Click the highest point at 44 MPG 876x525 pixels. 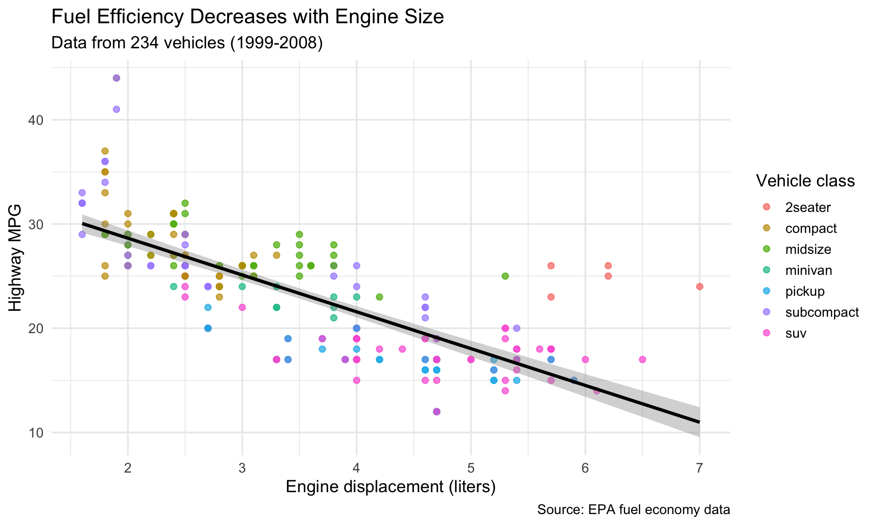click(x=116, y=78)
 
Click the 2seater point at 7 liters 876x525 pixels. click(x=699, y=287)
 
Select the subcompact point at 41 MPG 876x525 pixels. click(x=116, y=109)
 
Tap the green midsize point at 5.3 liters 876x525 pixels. click(x=505, y=276)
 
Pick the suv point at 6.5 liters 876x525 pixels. click(x=642, y=360)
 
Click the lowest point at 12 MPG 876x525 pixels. click(x=436, y=412)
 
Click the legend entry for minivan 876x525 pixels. click(x=808, y=271)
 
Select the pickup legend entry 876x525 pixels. click(x=805, y=292)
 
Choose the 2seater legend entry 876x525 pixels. click(x=808, y=208)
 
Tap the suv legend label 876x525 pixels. click(x=796, y=334)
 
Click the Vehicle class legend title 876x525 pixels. click(x=805, y=181)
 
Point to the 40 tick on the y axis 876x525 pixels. click(x=37, y=120)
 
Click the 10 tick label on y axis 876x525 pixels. click(x=37, y=432)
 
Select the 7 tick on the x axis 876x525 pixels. click(x=699, y=468)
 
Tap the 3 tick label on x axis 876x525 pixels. click(x=242, y=468)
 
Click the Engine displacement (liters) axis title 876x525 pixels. click(x=391, y=487)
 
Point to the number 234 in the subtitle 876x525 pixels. click(x=144, y=43)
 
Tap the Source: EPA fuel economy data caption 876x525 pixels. click(x=633, y=510)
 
